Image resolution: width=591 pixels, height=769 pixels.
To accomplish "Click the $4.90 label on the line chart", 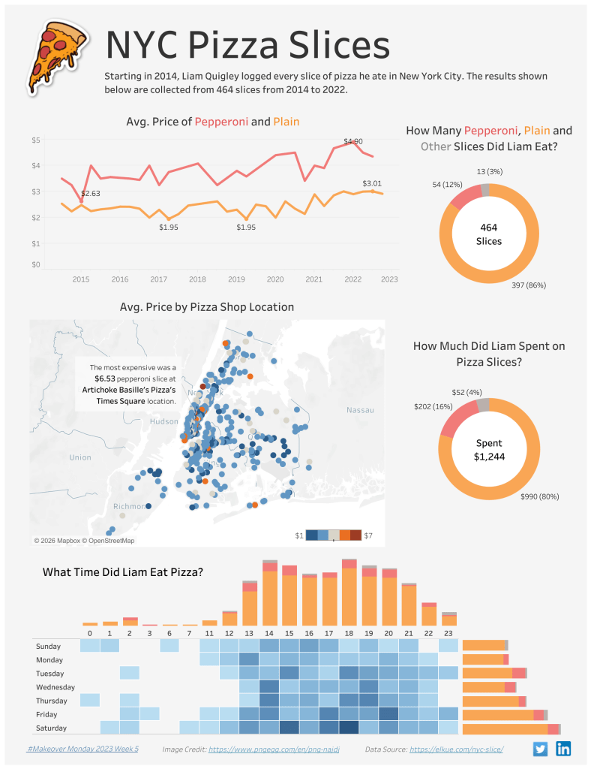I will (352, 141).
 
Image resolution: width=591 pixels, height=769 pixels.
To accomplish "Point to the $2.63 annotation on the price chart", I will (91, 194).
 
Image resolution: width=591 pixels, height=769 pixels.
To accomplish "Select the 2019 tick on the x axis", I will (236, 279).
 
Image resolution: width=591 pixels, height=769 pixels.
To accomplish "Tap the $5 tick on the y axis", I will (36, 140).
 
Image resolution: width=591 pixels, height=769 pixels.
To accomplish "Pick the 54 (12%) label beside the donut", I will (448, 185).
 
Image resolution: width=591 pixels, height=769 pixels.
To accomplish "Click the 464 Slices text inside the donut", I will (488, 234).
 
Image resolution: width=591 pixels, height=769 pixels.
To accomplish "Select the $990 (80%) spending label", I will (539, 496).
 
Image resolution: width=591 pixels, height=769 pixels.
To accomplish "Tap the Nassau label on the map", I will (359, 410).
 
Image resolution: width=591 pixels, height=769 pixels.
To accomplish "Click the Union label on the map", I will (79, 457).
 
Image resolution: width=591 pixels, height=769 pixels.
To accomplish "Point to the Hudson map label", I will (164, 422).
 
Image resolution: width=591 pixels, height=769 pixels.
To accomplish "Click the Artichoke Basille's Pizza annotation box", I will (128, 384).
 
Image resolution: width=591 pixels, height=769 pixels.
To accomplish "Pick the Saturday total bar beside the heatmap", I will (511, 728).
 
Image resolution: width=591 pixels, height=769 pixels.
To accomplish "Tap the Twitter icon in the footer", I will (540, 749).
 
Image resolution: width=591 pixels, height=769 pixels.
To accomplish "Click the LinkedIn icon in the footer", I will (563, 749).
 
